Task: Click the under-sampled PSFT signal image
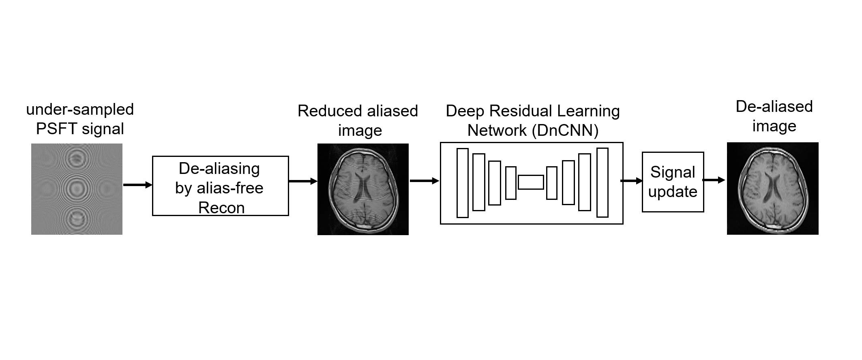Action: tap(77, 189)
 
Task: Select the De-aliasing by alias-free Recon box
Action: tap(221, 186)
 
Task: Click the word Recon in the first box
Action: tap(221, 208)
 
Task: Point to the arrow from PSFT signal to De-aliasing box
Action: tap(138, 185)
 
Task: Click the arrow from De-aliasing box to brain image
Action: tap(303, 181)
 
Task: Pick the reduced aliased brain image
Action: tap(363, 189)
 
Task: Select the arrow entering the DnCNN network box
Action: tap(425, 181)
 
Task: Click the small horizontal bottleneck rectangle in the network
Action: tap(531, 182)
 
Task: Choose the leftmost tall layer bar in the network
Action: tap(463, 183)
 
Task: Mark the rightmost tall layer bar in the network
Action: tap(603, 182)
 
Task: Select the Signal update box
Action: tap(673, 182)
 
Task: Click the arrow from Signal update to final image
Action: tap(714, 180)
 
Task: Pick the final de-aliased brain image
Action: tap(773, 189)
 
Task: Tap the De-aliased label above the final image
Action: tap(774, 107)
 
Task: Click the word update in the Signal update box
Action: tap(673, 192)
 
